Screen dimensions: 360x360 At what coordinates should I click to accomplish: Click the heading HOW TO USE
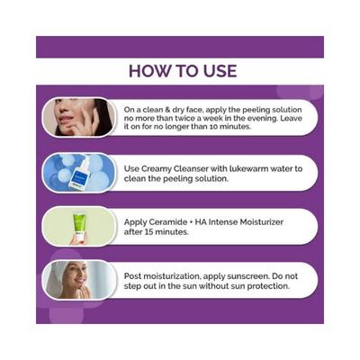pyautogui.click(x=183, y=70)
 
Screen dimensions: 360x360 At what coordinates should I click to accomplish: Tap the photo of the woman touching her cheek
pyautogui.click(x=79, y=116)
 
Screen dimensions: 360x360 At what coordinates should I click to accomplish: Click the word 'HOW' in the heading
pyautogui.click(x=150, y=70)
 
